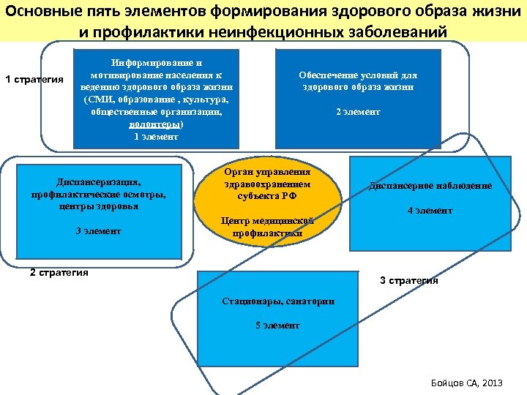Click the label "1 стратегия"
coord(34,79)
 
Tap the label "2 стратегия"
coord(59,273)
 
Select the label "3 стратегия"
coord(408,280)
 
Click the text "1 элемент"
coord(156,137)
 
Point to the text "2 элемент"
coord(358,112)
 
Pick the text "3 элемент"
coord(98,231)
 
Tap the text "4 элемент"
coord(430,211)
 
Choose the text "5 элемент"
coord(277,325)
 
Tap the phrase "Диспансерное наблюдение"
coord(430,186)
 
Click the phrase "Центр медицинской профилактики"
coord(267,227)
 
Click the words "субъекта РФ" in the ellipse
coord(268,196)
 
